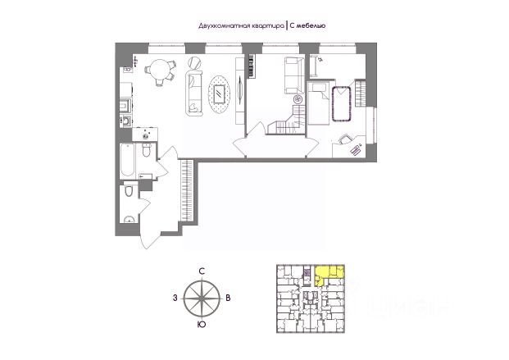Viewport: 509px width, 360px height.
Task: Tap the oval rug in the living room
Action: (220, 93)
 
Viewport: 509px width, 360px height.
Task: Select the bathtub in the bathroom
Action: (125, 162)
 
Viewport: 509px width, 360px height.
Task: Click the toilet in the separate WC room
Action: (129, 193)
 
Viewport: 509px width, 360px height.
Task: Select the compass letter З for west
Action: (175, 298)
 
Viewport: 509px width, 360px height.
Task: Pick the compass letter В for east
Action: (229, 298)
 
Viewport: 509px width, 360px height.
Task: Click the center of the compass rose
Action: (202, 298)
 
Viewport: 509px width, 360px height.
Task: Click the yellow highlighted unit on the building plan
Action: (329, 272)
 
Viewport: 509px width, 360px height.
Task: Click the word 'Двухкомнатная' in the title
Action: (220, 25)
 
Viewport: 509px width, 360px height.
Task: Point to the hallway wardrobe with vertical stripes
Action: (188, 192)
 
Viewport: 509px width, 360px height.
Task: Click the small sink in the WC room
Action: (130, 218)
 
